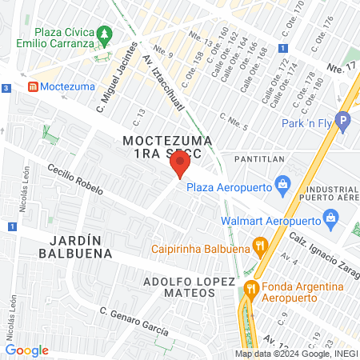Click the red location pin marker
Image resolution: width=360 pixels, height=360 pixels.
click(x=180, y=166)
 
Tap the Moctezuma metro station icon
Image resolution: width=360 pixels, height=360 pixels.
click(x=33, y=86)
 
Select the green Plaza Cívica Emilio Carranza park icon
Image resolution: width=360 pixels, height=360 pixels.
click(x=104, y=35)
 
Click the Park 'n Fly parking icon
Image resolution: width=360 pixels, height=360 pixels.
click(x=343, y=123)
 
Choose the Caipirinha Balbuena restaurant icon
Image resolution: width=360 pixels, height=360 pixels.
click(x=258, y=246)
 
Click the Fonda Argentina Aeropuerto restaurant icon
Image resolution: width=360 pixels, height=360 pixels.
click(x=250, y=288)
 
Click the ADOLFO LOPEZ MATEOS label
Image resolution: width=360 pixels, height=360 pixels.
click(x=190, y=288)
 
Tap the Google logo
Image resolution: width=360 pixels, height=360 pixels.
click(x=26, y=350)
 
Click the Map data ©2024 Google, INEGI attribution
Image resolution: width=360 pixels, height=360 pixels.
click(x=295, y=354)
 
